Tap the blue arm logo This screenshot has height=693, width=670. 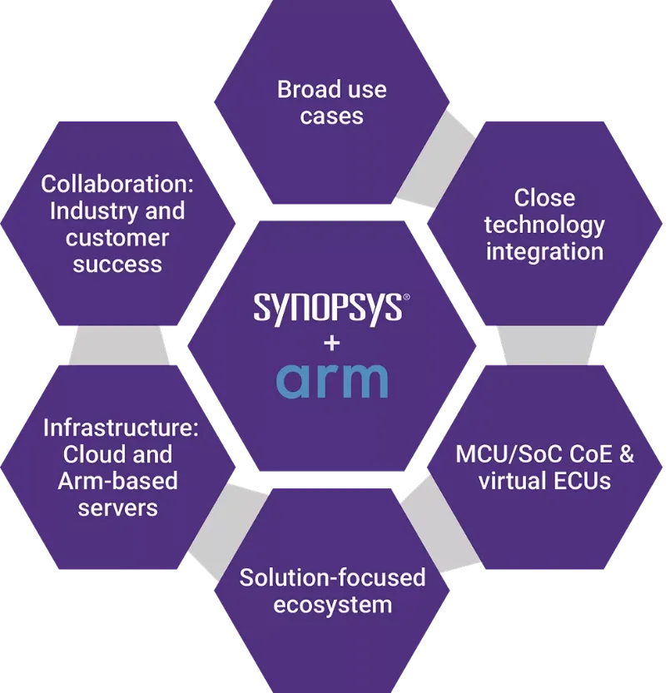click(332, 380)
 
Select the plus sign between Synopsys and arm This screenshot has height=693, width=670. click(332, 343)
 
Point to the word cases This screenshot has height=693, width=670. click(332, 116)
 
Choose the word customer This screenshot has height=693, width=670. click(117, 238)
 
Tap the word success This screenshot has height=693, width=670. click(117, 265)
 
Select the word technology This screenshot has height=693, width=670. click(544, 225)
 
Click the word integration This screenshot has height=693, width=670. click(544, 252)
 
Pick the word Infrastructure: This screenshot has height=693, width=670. click(121, 428)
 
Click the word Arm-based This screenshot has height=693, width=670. click(117, 481)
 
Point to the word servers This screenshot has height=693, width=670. click(117, 507)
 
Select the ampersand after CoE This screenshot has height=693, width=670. click(626, 454)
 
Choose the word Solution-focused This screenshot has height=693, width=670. click(332, 577)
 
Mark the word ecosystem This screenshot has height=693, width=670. click(333, 606)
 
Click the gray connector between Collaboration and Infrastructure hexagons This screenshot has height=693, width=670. click(118, 345)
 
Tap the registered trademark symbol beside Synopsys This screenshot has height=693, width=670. click(406, 297)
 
